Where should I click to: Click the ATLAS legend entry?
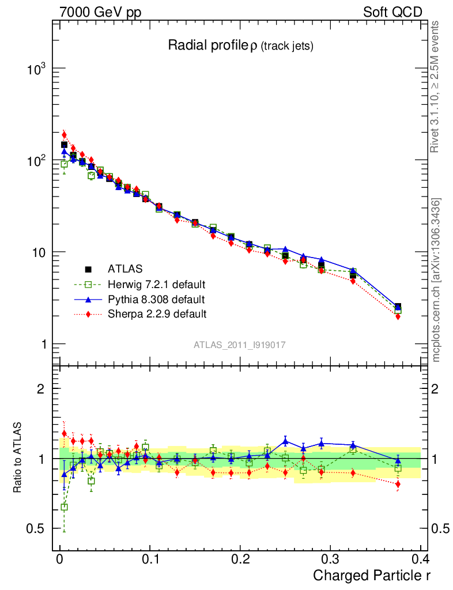[x=125, y=268]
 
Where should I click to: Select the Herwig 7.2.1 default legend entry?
[x=156, y=284]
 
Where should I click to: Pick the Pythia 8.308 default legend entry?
[x=156, y=299]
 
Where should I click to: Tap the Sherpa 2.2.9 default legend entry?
[x=156, y=314]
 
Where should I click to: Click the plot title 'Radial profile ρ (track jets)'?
[x=240, y=46]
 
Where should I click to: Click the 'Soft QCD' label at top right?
[x=392, y=12]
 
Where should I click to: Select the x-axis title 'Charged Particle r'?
[x=371, y=575]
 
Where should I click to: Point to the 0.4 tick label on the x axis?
[x=420, y=559]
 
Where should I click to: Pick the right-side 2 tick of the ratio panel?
[x=436, y=389]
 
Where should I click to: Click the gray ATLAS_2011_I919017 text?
[x=240, y=345]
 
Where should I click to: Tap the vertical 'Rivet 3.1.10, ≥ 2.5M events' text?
[x=435, y=86]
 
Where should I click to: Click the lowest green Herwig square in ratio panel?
[x=64, y=507]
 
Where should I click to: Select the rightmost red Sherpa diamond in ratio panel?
[x=398, y=484]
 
